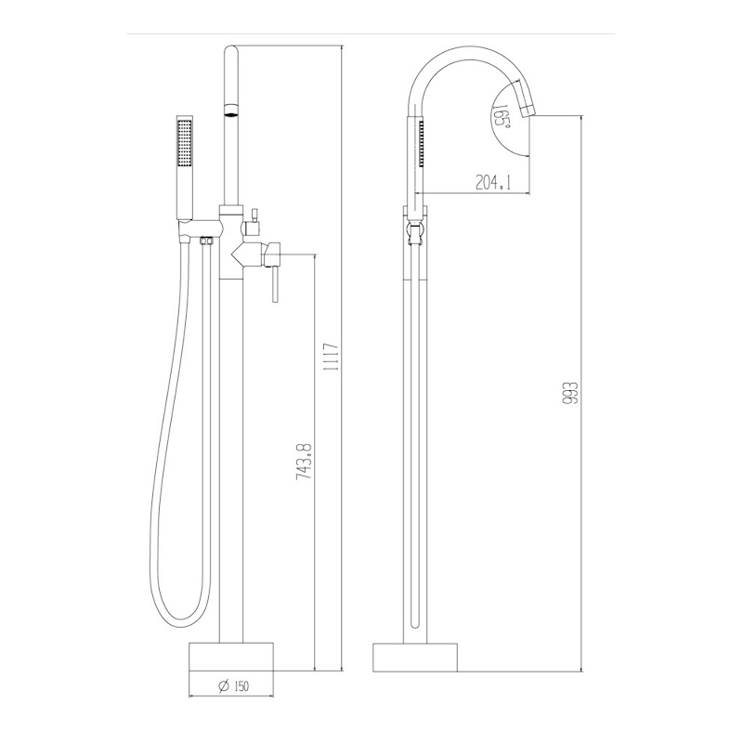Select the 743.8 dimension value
[304, 462]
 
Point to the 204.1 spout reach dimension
[493, 182]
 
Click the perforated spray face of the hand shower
[184, 142]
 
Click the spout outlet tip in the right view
[528, 112]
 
